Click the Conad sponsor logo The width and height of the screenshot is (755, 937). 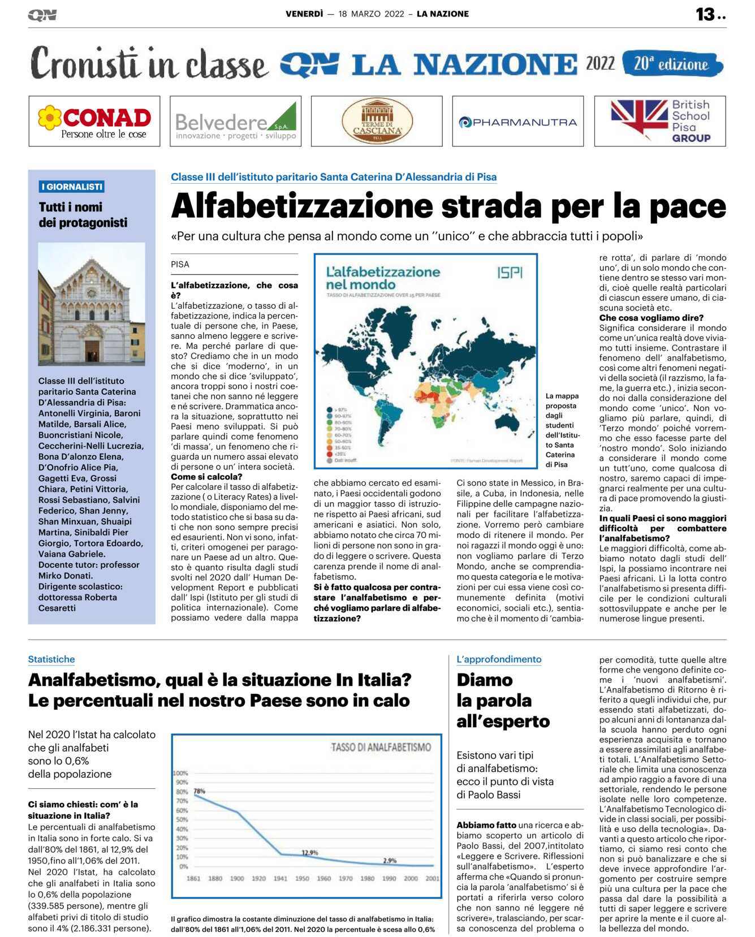pos(94,122)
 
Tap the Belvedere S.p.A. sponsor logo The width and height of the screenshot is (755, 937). pos(235,122)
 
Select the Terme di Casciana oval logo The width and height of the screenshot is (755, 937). pos(377,122)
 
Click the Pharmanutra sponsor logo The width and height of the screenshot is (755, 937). pos(517,122)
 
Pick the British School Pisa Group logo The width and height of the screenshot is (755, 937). pos(660,121)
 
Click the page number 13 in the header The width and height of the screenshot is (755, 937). pos(705,14)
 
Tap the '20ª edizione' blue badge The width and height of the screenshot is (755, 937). pos(672,64)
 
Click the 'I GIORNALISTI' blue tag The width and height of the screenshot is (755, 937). pos(72,187)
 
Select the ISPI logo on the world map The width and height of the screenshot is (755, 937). pos(510,273)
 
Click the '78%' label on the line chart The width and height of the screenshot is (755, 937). pos(200,791)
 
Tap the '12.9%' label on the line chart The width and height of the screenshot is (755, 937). pos(309,852)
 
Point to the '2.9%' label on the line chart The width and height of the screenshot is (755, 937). pos(390,860)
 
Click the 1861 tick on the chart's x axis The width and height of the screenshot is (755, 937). pos(193,878)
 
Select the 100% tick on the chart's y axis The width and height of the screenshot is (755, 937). pos(180,773)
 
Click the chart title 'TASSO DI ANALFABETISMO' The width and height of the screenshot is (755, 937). pos(381,748)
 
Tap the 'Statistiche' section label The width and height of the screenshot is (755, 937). pos(51,659)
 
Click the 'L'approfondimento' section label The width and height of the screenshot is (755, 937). pos(499,659)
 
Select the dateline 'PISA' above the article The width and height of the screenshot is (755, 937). pos(180,264)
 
